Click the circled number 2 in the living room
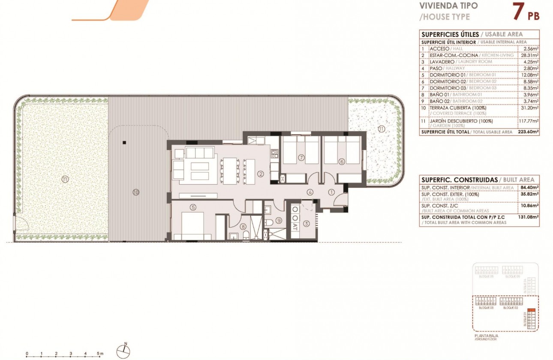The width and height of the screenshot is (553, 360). click(x=260, y=174)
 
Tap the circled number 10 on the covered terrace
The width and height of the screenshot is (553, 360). click(x=136, y=192)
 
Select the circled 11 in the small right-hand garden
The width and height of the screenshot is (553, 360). click(x=382, y=129)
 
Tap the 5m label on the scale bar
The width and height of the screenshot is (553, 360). click(x=100, y=354)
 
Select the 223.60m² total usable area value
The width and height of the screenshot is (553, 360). click(x=528, y=132)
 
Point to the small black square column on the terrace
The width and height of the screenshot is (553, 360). click(x=123, y=143)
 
